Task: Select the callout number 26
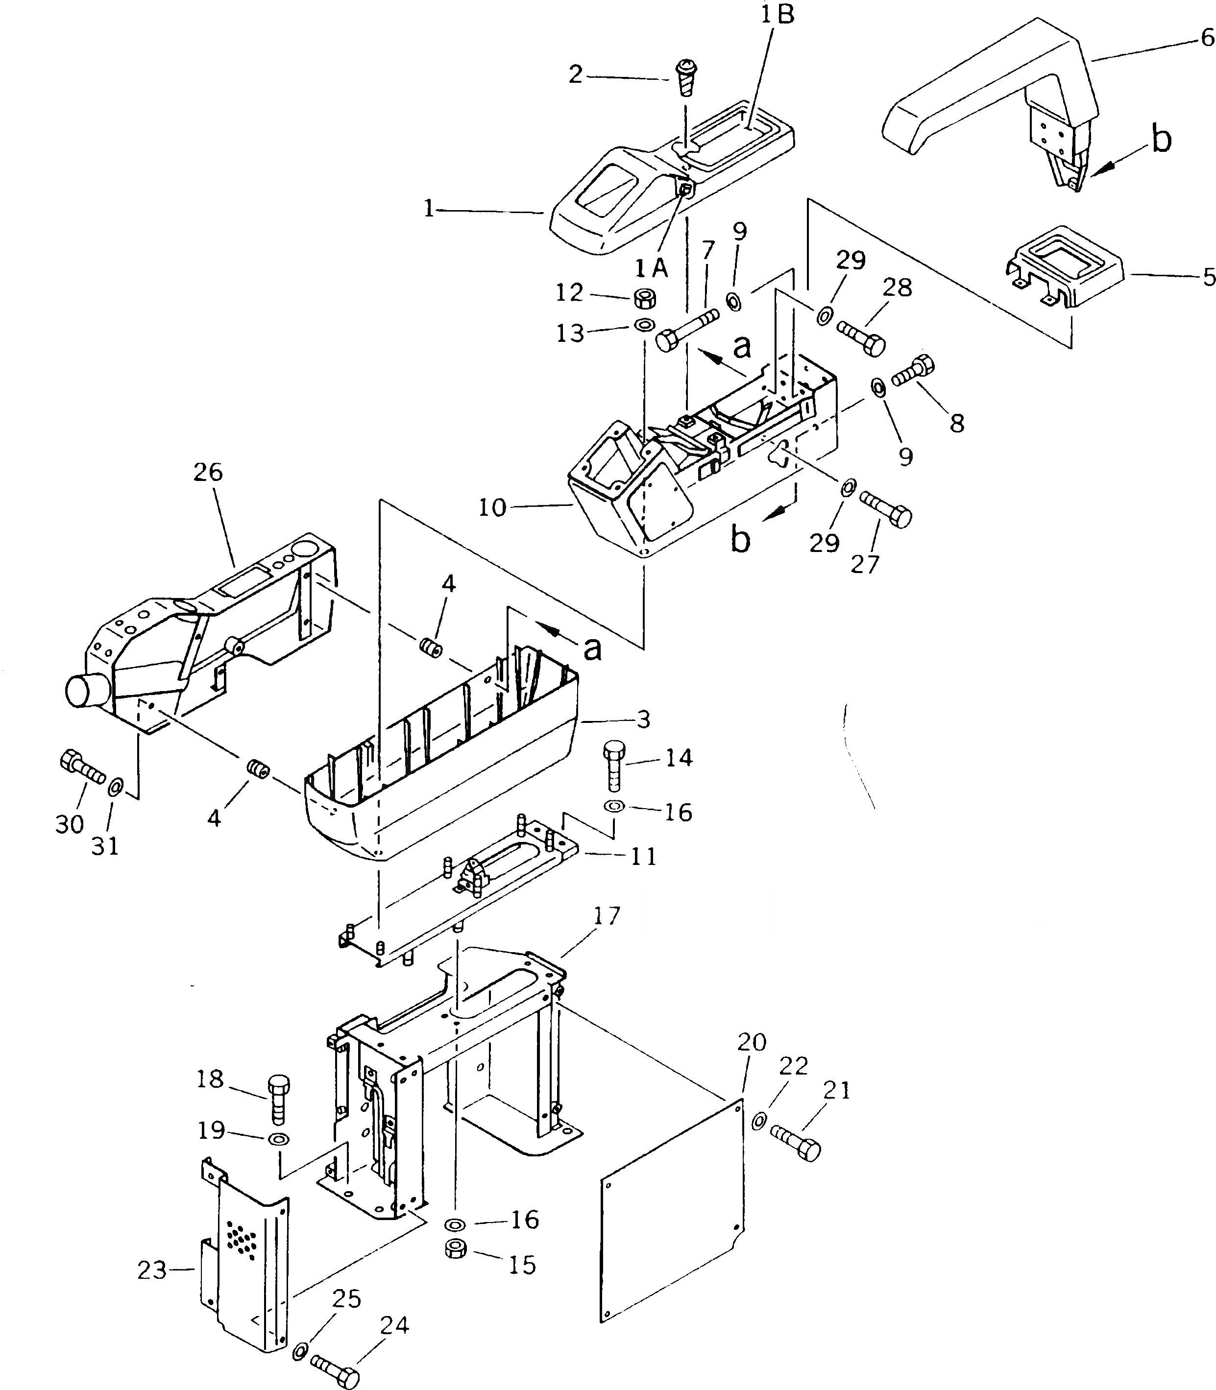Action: tap(208, 472)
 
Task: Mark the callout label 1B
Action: tap(777, 15)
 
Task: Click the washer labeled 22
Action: tap(759, 1120)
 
